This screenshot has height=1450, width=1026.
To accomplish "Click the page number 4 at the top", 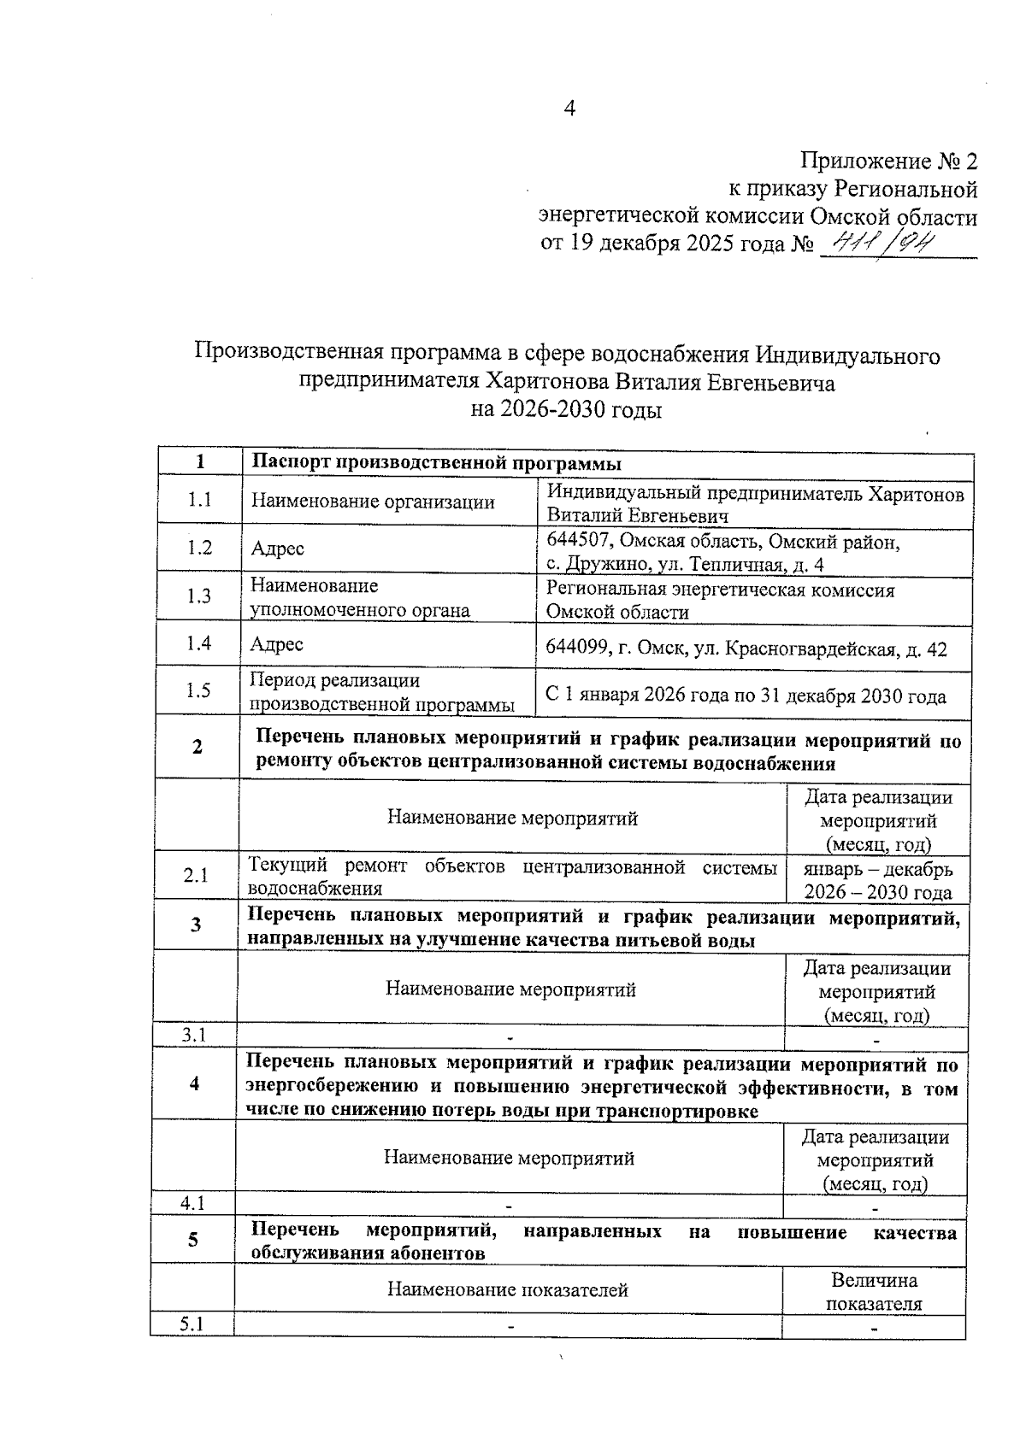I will point(570,109).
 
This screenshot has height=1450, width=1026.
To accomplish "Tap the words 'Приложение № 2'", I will point(888,161).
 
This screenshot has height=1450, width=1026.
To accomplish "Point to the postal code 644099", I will point(576,649).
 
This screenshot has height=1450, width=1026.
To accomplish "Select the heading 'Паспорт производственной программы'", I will point(436,464).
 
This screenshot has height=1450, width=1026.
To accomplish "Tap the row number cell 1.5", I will point(198,691).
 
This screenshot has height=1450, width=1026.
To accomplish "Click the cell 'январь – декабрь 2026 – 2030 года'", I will point(878,881).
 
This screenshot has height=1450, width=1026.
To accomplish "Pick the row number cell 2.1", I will point(196,876).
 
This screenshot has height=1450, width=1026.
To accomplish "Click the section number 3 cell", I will point(196,925).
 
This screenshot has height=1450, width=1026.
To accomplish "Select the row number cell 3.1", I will point(194,1036).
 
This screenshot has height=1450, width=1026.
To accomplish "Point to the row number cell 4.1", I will point(192,1204).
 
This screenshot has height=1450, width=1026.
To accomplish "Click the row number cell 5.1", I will point(192,1325).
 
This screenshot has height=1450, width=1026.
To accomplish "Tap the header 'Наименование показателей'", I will point(508,1289).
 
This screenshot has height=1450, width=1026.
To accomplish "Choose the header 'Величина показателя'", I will point(874,1292).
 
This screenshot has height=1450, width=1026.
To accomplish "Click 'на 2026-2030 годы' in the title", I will point(566,410).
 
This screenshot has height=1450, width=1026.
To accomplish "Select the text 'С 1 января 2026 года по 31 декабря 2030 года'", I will point(746,696).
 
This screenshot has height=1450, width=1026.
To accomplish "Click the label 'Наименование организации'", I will point(373,502).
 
